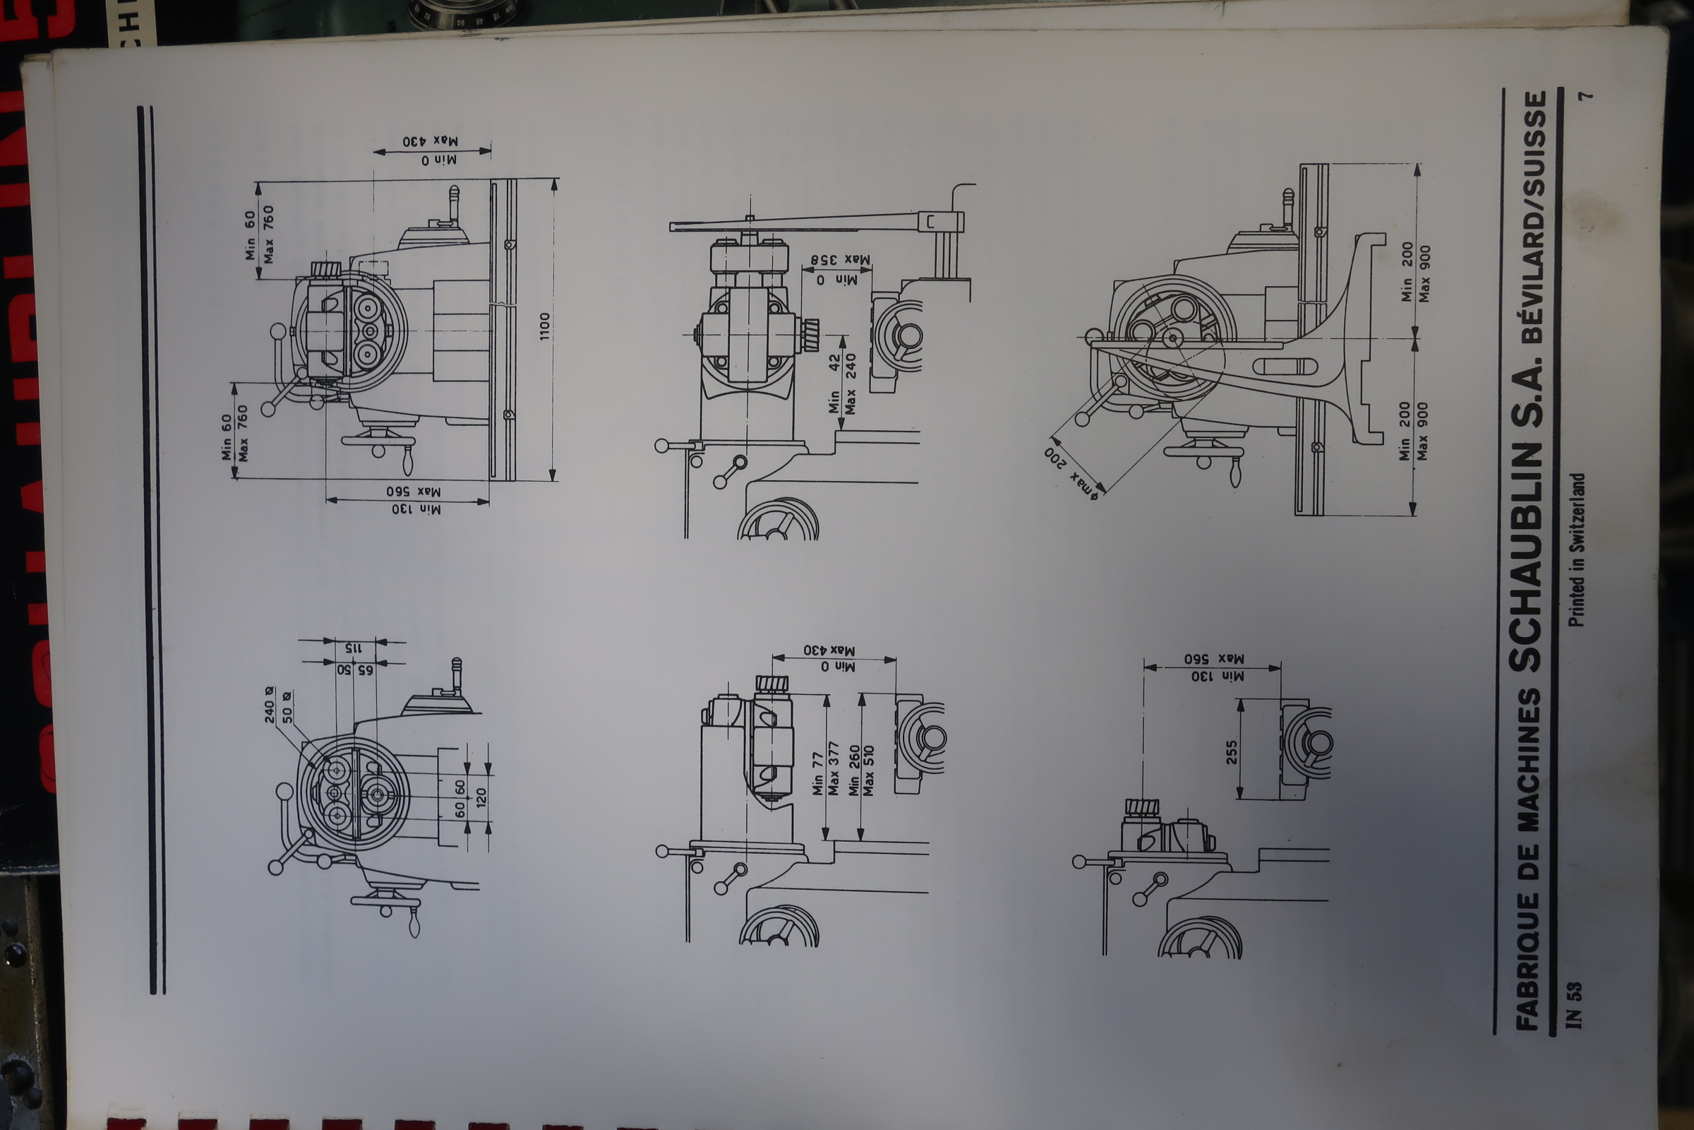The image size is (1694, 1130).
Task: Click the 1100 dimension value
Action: (x=544, y=326)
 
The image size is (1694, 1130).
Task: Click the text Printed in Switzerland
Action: (x=1577, y=550)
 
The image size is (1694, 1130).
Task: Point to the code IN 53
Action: (x=1575, y=1004)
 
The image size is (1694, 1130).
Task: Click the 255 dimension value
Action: (x=1231, y=752)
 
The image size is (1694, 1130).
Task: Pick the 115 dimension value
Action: (x=352, y=648)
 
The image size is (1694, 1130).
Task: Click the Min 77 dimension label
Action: (x=817, y=774)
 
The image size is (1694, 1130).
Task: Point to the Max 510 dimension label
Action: (x=869, y=771)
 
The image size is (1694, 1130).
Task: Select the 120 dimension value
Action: (x=481, y=797)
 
